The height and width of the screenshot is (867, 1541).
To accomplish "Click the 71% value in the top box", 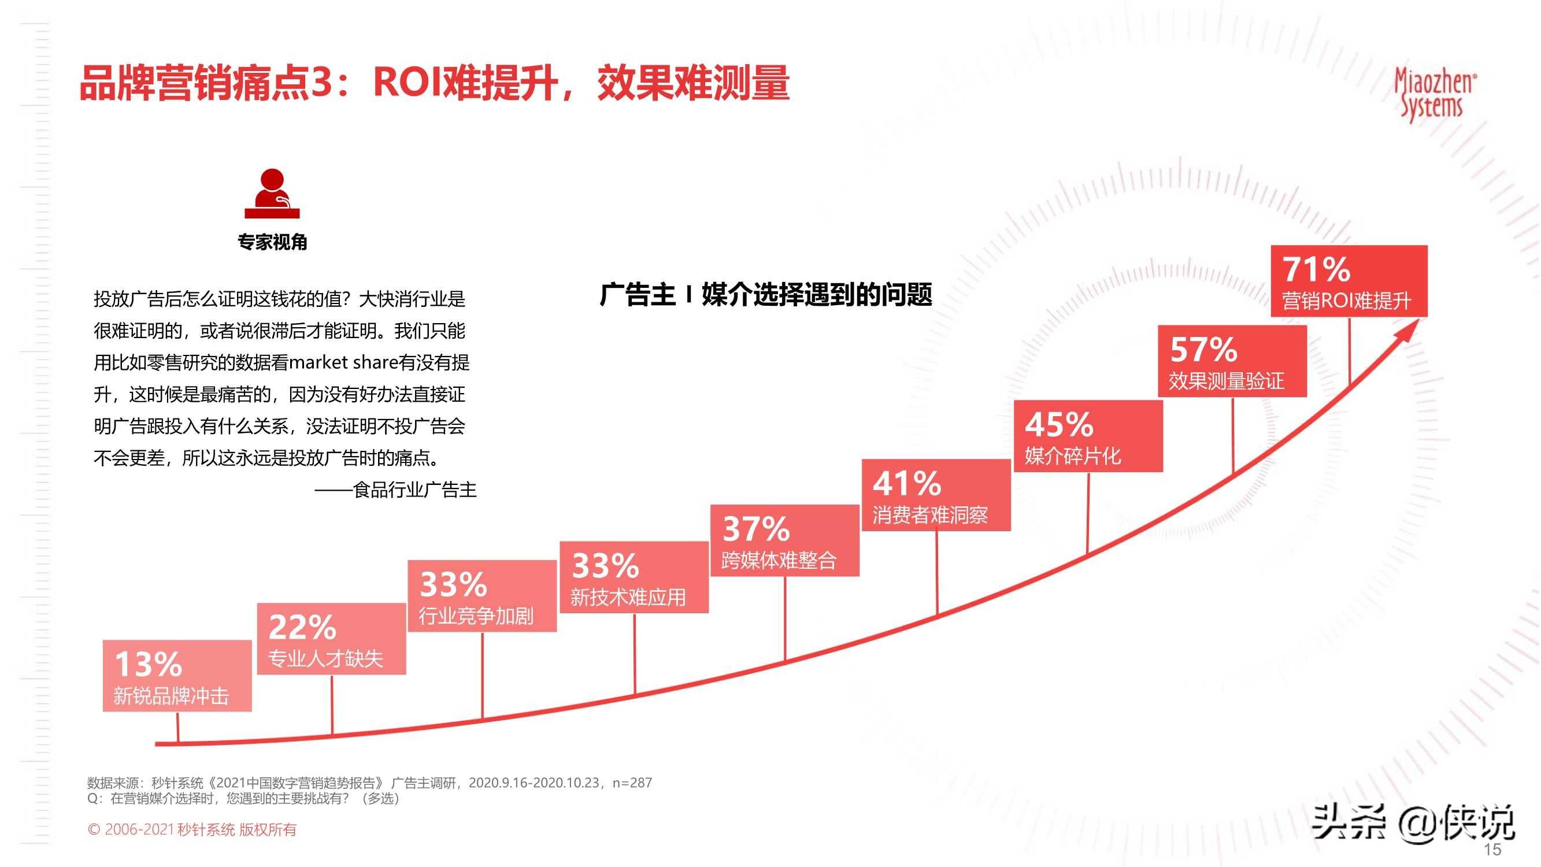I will pyautogui.click(x=1316, y=269).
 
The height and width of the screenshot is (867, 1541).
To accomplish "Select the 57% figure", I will pyautogui.click(x=1203, y=350).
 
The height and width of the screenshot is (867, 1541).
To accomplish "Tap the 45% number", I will pyautogui.click(x=1059, y=425).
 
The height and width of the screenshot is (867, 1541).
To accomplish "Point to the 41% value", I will pyautogui.click(x=907, y=483).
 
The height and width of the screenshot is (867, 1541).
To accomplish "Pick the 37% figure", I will pyautogui.click(x=756, y=529).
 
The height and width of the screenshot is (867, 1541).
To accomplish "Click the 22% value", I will pyautogui.click(x=302, y=627).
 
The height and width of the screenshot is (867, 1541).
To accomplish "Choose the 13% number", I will pyautogui.click(x=148, y=664).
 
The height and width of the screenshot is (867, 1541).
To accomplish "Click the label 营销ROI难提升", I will pyautogui.click(x=1347, y=301).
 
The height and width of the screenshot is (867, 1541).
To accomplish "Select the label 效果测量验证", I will pyautogui.click(x=1227, y=381).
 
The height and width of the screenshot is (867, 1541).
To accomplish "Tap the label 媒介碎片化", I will pyautogui.click(x=1073, y=457).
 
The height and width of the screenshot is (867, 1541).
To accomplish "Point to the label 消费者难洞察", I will pyautogui.click(x=929, y=515).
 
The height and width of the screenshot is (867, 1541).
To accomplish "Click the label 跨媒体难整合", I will pyautogui.click(x=778, y=561).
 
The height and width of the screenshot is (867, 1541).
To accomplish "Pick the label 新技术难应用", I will pyautogui.click(x=628, y=598).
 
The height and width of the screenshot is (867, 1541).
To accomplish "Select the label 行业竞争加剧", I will pyautogui.click(x=476, y=616).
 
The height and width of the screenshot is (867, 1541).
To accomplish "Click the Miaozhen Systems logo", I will pyautogui.click(x=1434, y=95).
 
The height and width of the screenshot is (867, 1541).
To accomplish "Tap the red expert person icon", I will pyautogui.click(x=272, y=194).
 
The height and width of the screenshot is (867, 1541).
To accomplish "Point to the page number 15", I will pyautogui.click(x=1492, y=850).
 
